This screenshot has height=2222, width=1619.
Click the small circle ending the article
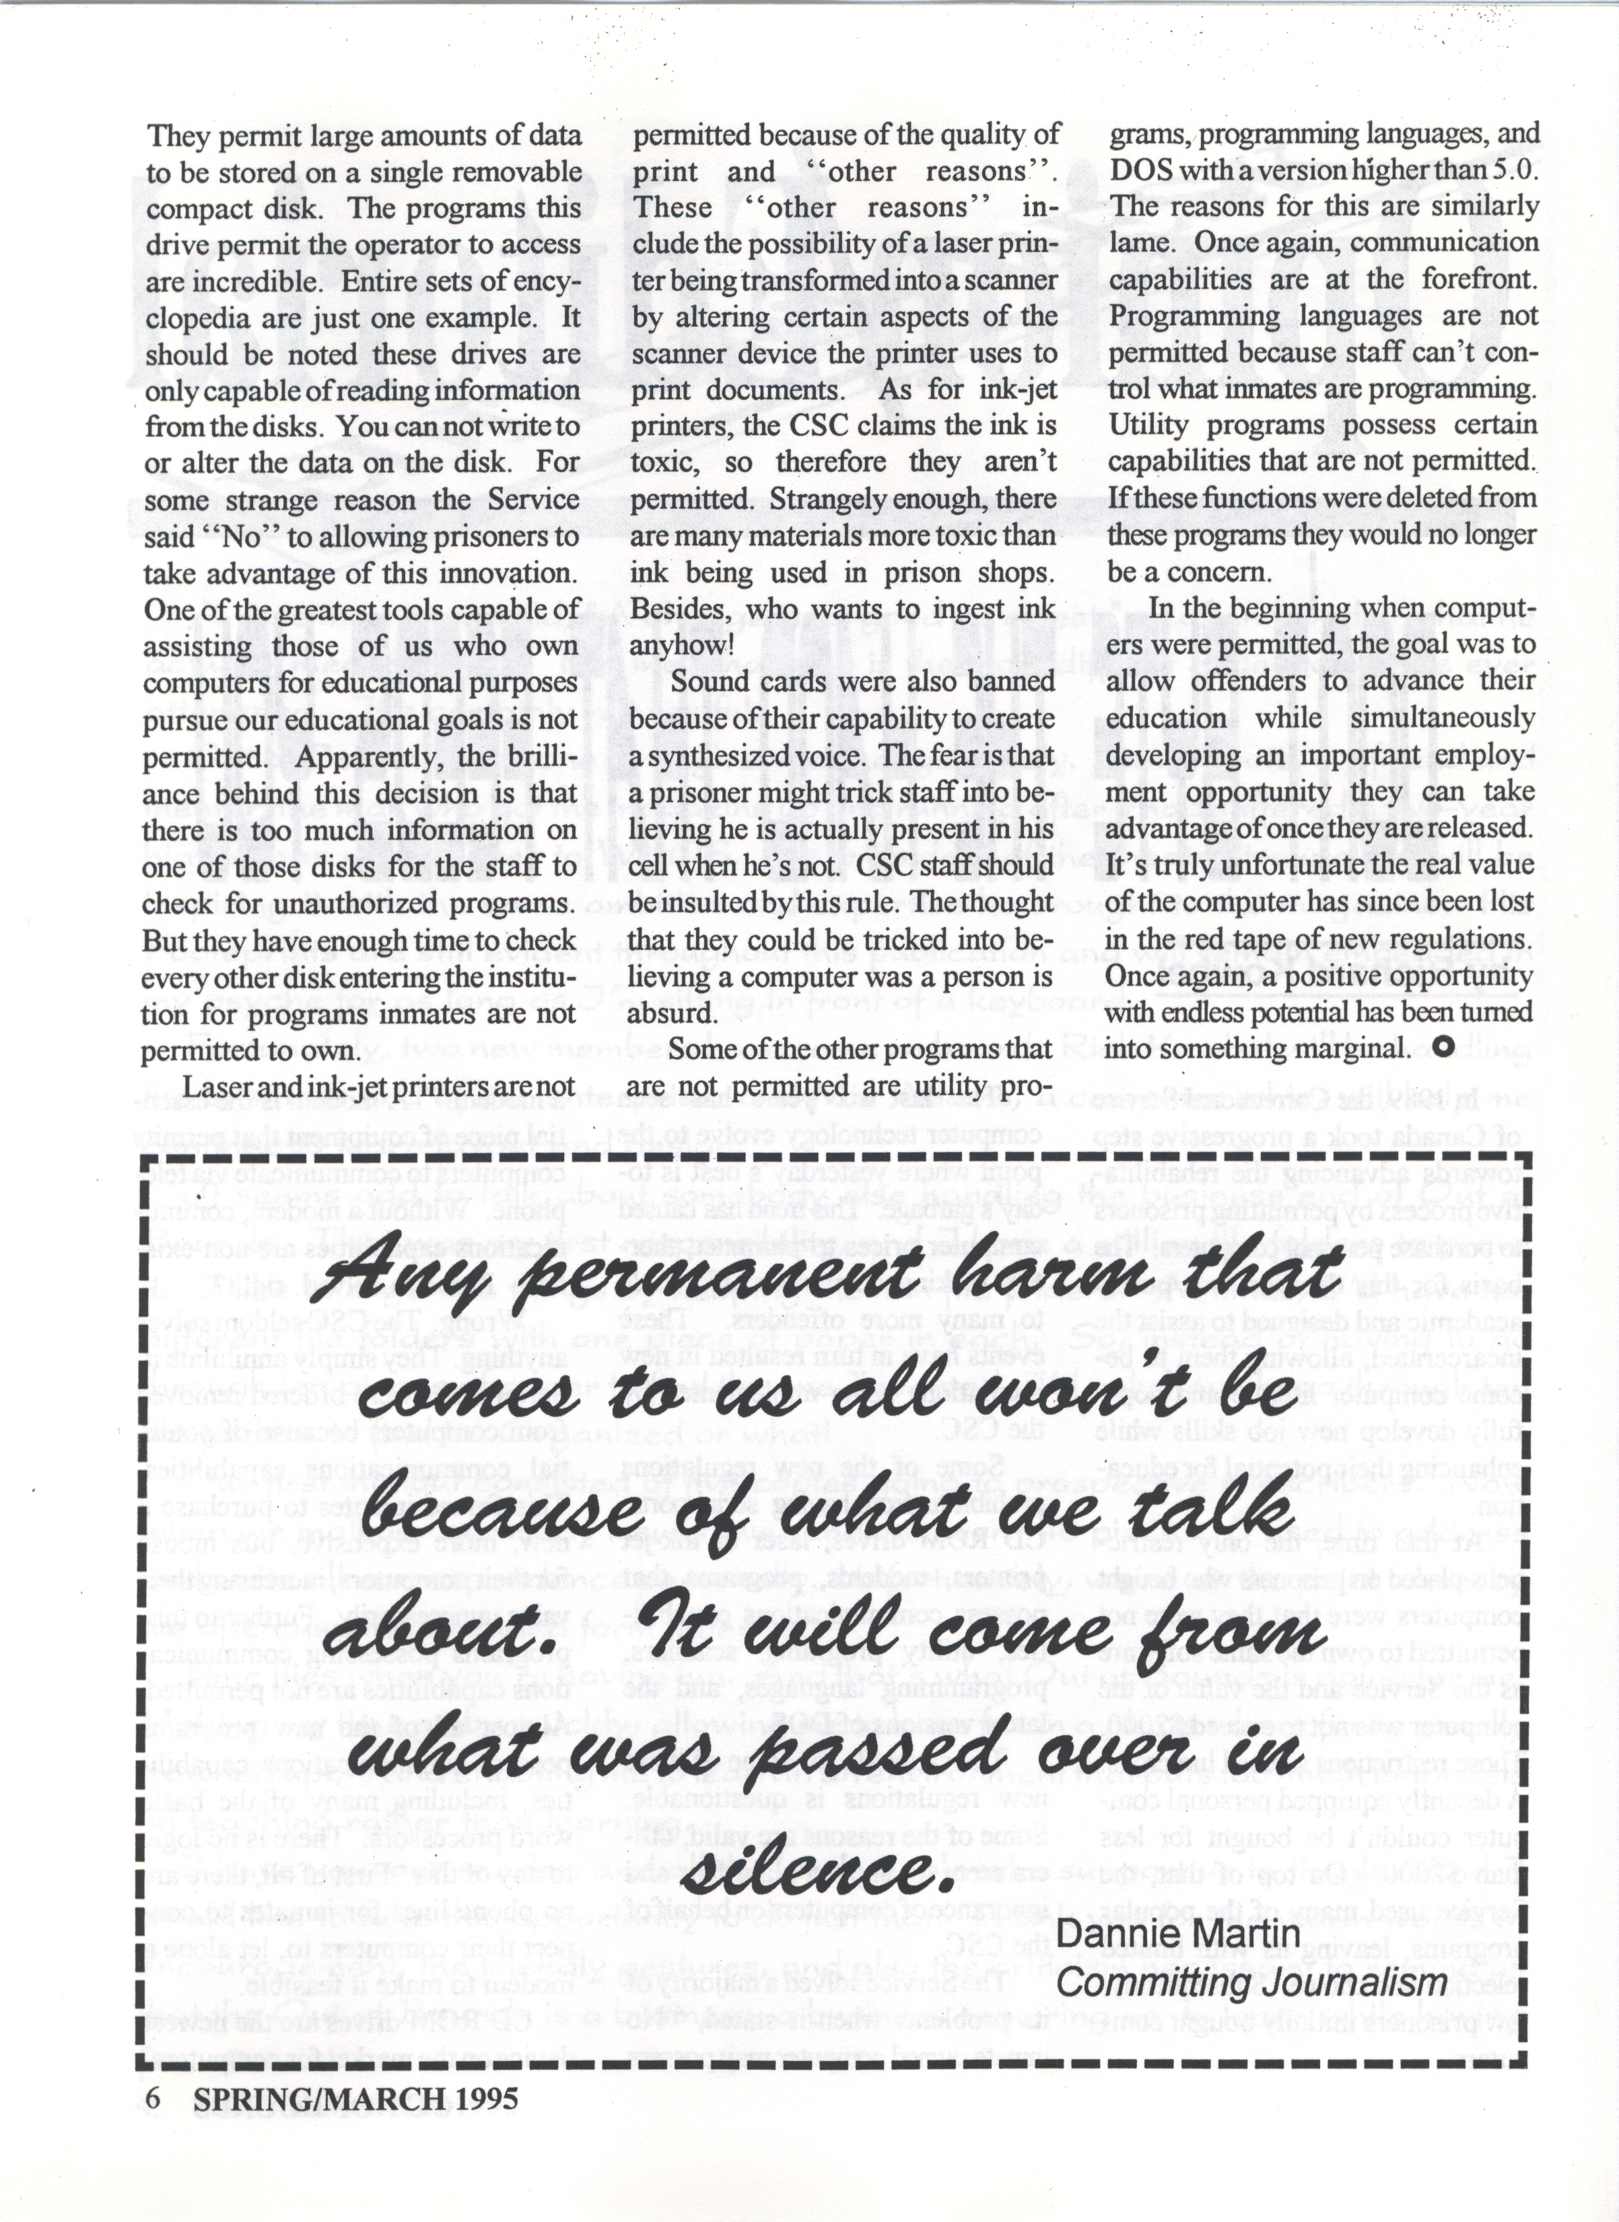tap(1441, 1047)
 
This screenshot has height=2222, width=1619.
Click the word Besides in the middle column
tap(677, 609)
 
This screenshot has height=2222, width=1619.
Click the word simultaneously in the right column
tap(1441, 718)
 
